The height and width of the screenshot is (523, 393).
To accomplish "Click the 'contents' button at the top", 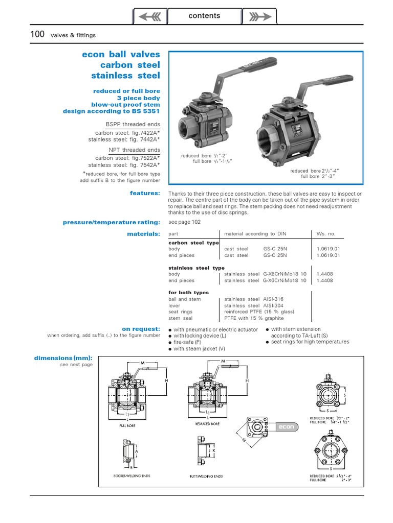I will pos(204,16).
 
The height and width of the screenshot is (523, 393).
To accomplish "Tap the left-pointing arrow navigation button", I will pos(150,16).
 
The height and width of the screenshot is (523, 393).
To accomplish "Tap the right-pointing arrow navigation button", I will pos(259,16).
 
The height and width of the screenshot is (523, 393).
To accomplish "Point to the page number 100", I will pos(37,35).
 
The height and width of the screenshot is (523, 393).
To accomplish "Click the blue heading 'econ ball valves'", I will pos(121,54).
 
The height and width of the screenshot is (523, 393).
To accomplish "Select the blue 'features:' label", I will pos(145,193).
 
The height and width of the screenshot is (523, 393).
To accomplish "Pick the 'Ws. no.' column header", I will pos(326,233).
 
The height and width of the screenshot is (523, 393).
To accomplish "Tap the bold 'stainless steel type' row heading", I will pos(196,268).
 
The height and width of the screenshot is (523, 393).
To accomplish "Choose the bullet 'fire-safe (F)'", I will pos(187,342).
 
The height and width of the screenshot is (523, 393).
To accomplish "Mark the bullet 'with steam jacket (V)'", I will pos(199,348).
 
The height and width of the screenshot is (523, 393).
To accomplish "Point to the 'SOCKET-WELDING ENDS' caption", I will pos(132,476).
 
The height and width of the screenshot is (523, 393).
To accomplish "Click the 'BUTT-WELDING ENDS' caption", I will pos(206,476).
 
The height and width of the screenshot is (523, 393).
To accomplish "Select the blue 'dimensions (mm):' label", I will pos(63,358).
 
